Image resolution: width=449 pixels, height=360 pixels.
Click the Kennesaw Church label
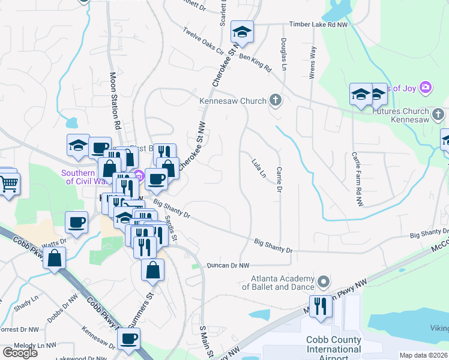[x=232, y=101]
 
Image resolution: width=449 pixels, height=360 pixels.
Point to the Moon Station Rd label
[x=115, y=103]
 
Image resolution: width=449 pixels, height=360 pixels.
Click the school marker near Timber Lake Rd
[x=242, y=32]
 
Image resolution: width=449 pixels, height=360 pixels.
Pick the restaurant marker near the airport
[x=321, y=307]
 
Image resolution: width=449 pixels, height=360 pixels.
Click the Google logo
[x=20, y=353]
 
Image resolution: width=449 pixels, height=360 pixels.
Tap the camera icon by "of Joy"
[x=426, y=88]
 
